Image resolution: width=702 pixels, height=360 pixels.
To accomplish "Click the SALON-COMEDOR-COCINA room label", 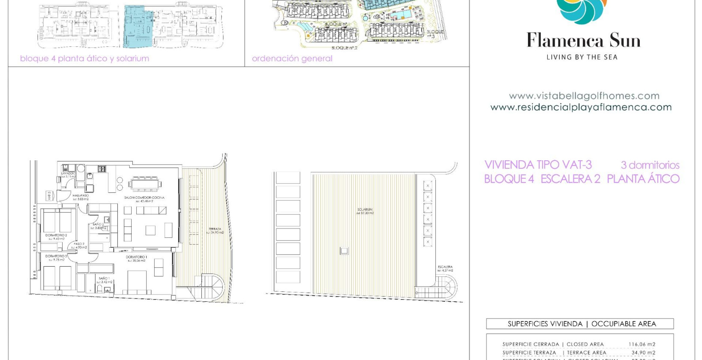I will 144,198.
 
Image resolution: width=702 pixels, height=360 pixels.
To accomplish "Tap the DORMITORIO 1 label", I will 136,257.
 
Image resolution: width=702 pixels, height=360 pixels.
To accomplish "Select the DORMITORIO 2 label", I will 56,235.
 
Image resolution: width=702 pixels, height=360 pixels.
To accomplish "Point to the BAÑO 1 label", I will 104,279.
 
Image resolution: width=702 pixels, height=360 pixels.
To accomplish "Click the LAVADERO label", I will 69,174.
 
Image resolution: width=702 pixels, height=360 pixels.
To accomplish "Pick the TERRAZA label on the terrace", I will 215,229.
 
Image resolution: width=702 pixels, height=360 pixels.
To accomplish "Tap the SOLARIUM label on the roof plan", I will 365,210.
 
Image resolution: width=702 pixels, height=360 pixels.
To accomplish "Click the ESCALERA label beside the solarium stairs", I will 445,267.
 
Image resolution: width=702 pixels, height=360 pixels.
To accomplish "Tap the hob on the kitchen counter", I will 102,169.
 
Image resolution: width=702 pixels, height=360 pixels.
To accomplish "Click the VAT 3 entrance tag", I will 49,196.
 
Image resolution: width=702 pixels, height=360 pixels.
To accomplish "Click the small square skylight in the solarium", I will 344,251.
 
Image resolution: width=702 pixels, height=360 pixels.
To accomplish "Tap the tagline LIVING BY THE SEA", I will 582,57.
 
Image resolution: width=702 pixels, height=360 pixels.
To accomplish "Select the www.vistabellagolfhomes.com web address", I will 584,96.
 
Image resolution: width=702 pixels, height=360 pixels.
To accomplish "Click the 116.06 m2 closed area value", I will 642,344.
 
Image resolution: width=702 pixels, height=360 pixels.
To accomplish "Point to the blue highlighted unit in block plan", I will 138,27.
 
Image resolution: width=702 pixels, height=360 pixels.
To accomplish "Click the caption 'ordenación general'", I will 292,59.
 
